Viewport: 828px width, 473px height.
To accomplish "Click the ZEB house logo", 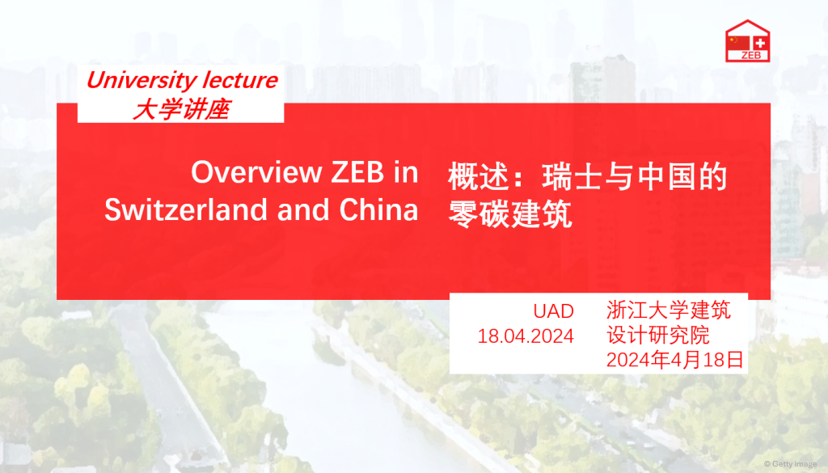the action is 747,41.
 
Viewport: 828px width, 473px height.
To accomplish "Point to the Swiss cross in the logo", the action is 760,43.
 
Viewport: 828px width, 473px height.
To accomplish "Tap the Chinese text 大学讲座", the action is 181,110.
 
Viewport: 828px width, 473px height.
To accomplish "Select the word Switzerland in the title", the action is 187,209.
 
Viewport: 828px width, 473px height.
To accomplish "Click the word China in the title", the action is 378,209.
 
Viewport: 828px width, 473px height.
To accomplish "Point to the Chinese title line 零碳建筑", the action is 510,213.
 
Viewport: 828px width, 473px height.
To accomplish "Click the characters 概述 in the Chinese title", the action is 479,176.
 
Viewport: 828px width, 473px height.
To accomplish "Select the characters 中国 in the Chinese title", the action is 666,176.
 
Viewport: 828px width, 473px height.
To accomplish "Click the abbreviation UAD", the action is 553,311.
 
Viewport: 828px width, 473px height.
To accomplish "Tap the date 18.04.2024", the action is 526,336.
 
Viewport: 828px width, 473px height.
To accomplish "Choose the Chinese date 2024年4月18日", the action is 675,360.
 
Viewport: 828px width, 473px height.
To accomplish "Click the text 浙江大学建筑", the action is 669,310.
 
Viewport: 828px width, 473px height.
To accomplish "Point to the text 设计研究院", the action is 658,336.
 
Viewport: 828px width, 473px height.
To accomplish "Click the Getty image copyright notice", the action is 791,464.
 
